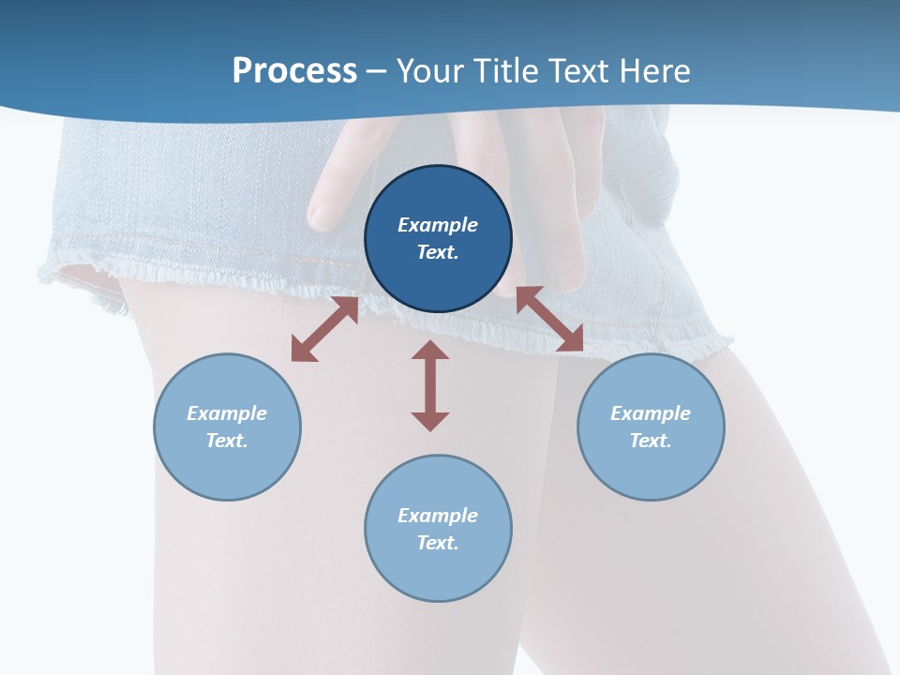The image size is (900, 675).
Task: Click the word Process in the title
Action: point(294,71)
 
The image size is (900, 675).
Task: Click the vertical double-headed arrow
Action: point(430,385)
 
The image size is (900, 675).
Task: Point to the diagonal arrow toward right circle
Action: point(550,319)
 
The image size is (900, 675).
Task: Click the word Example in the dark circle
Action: point(438,225)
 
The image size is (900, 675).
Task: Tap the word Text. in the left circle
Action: point(227,441)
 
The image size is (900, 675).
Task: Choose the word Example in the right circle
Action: point(651,413)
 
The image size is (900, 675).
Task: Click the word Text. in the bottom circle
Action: point(438,543)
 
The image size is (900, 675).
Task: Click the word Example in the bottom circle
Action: point(438,516)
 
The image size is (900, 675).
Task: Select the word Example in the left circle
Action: point(227,413)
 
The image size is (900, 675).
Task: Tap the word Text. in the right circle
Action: point(651,441)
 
